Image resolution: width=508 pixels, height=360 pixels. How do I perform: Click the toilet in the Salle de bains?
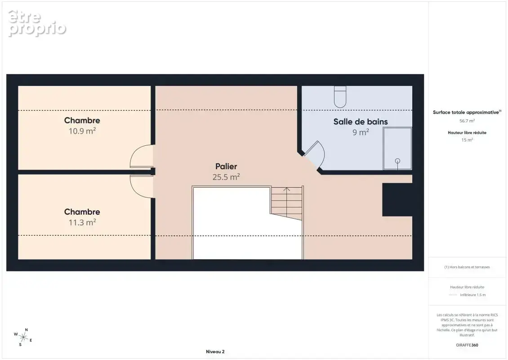(340, 97)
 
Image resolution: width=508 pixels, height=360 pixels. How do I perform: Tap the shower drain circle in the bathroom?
(397, 161)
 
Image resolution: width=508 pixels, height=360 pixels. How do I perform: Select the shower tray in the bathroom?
(397, 148)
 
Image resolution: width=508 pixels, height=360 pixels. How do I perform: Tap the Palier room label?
(226, 166)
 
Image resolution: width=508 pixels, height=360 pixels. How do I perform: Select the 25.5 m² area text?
(226, 177)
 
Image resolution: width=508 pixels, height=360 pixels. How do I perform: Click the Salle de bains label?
(361, 121)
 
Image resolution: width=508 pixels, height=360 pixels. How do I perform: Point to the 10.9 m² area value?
(82, 130)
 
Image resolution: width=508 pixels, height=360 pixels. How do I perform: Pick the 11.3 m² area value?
(82, 222)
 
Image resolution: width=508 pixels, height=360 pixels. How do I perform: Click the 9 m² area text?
(361, 132)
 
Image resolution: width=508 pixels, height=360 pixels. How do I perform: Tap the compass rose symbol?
(23, 337)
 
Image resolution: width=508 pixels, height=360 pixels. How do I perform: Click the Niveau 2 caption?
(215, 351)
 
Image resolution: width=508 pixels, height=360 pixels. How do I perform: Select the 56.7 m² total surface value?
(467, 121)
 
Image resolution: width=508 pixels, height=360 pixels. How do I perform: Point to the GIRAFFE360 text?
(467, 345)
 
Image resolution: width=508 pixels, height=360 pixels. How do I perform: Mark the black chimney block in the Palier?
(397, 200)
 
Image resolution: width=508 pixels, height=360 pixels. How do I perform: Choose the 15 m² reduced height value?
(467, 140)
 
